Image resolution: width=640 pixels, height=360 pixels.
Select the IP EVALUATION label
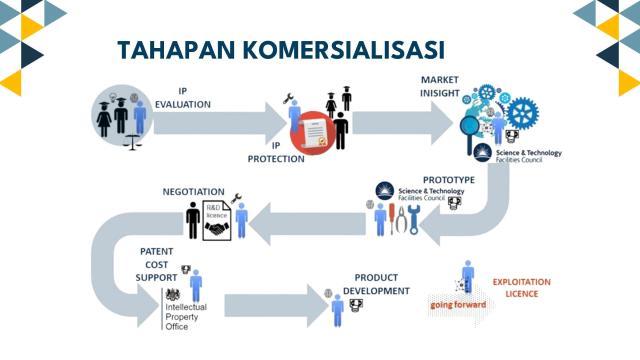[182, 94]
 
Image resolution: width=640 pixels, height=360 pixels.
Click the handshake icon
[216, 229]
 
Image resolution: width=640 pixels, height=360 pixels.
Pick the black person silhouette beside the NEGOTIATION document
[193, 220]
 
